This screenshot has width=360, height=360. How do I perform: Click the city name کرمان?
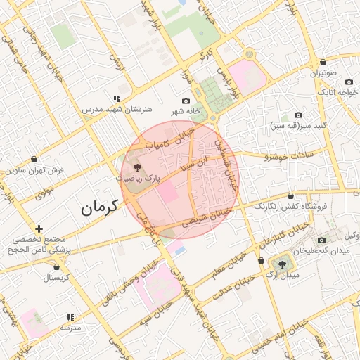[96, 208]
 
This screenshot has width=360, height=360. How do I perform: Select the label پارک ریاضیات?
[139, 179]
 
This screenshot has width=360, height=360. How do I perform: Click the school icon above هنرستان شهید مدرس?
[116, 99]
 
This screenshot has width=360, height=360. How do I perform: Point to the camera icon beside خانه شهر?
[186, 101]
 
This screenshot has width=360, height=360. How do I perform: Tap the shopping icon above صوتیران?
[322, 63]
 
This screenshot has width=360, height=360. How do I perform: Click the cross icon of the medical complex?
[39, 229]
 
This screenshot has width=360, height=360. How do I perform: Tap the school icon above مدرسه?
[70, 318]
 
